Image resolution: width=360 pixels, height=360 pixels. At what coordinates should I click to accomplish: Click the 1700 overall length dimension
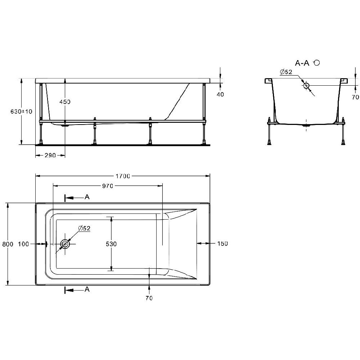[x=123, y=176]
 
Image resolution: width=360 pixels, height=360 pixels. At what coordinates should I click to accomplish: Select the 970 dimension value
[x=107, y=186]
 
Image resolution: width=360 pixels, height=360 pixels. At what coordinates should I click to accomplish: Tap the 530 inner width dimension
[x=111, y=244]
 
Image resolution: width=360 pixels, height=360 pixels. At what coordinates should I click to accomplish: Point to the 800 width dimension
[x=8, y=244]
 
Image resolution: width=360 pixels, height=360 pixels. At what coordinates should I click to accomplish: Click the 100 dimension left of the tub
[x=23, y=244]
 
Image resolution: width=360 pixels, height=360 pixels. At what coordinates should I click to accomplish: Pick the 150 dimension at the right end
[x=222, y=243]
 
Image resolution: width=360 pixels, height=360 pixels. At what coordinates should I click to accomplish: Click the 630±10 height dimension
[x=21, y=111]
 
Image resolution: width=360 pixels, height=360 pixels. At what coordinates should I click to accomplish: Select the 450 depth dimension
[x=65, y=102]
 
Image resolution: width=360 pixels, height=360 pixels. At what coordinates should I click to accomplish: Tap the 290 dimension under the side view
[x=50, y=156]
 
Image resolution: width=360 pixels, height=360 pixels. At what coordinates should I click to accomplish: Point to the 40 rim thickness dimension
[x=220, y=94]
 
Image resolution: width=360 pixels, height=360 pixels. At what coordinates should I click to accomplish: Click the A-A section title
[x=302, y=63]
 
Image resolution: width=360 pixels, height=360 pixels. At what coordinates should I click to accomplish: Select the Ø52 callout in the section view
[x=286, y=72]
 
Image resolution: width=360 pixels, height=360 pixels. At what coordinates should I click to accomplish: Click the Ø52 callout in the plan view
[x=84, y=228]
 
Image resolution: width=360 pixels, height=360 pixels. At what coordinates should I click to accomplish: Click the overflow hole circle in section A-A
[x=306, y=86]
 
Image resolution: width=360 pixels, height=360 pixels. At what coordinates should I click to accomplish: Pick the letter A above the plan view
[x=87, y=197]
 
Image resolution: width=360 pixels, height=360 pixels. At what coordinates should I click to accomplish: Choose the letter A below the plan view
[x=87, y=289]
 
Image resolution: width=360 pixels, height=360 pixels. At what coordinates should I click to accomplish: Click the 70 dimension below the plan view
[x=149, y=298]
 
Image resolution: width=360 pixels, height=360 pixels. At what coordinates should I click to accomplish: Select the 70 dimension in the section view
[x=355, y=97]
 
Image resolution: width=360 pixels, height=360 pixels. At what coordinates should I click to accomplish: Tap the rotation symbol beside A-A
[x=316, y=63]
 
